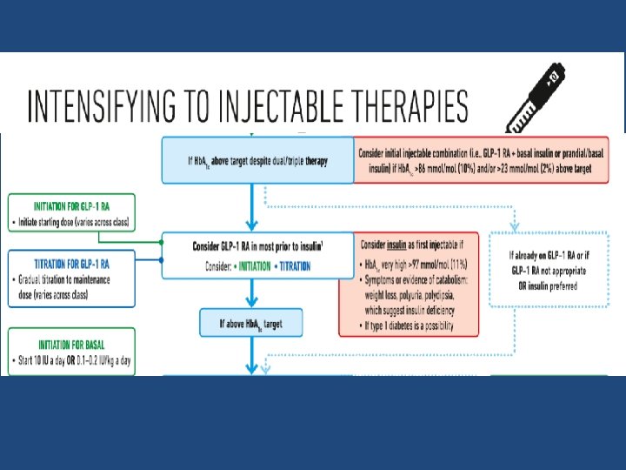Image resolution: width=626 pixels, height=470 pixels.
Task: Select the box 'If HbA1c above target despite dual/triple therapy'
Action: [256, 161]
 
